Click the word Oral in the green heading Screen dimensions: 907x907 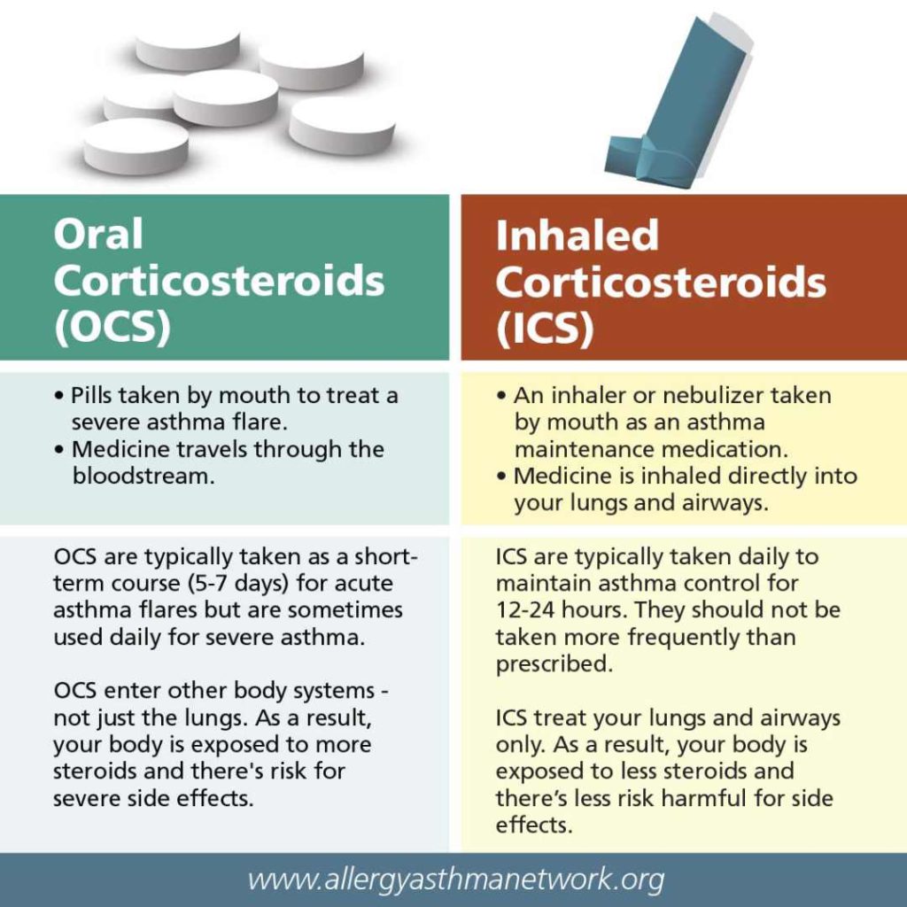[97, 235]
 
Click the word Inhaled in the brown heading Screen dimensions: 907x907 [577, 236]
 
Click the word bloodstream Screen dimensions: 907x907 [143, 476]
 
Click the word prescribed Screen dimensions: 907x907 [554, 664]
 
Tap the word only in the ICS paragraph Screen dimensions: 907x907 [520, 744]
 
